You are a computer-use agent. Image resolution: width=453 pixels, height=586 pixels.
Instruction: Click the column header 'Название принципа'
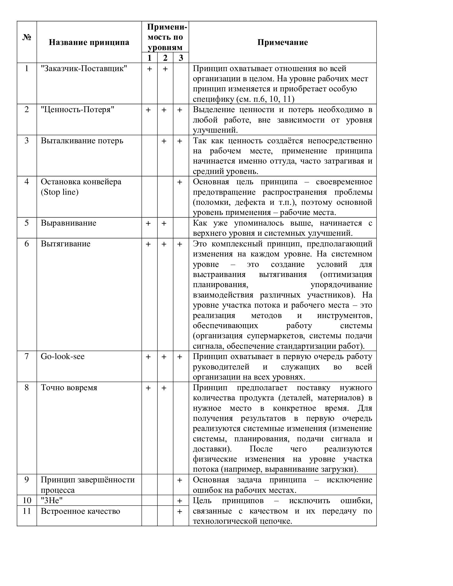pyautogui.click(x=89, y=42)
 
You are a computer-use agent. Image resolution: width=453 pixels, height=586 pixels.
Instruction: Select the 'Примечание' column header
pyautogui.click(x=282, y=42)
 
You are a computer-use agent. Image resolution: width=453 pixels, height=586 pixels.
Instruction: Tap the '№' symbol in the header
pyautogui.click(x=27, y=38)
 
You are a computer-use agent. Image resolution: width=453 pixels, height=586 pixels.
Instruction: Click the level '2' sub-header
pyautogui.click(x=165, y=58)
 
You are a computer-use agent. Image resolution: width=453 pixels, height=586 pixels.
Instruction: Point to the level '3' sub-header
pyautogui.click(x=181, y=58)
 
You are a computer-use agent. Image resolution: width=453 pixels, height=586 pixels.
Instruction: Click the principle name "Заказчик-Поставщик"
pyautogui.click(x=84, y=69)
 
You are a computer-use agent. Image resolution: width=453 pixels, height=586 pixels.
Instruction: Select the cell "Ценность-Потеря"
pyautogui.click(x=78, y=110)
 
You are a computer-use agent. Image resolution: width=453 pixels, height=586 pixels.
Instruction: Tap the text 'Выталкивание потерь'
pyautogui.click(x=82, y=141)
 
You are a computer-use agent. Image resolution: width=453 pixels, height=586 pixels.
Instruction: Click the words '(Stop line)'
pyautogui.click(x=60, y=192)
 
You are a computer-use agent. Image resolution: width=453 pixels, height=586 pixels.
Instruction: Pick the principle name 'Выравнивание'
pyautogui.click(x=68, y=223)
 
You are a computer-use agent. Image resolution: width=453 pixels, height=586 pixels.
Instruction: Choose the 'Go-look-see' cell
pyautogui.click(x=63, y=357)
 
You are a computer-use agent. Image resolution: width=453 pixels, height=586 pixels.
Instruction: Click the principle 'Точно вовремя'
pyautogui.click(x=69, y=388)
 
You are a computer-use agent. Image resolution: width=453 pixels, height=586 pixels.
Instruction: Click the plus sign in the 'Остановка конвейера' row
pyautogui.click(x=180, y=182)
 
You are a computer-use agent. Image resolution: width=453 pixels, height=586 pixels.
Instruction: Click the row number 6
pyautogui.click(x=27, y=244)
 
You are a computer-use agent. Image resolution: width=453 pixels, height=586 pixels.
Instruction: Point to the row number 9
pyautogui.click(x=27, y=480)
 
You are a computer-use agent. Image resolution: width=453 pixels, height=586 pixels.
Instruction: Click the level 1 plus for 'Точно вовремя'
pyautogui.click(x=148, y=388)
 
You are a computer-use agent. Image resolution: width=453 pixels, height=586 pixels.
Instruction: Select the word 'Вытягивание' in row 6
pyautogui.click(x=66, y=244)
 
